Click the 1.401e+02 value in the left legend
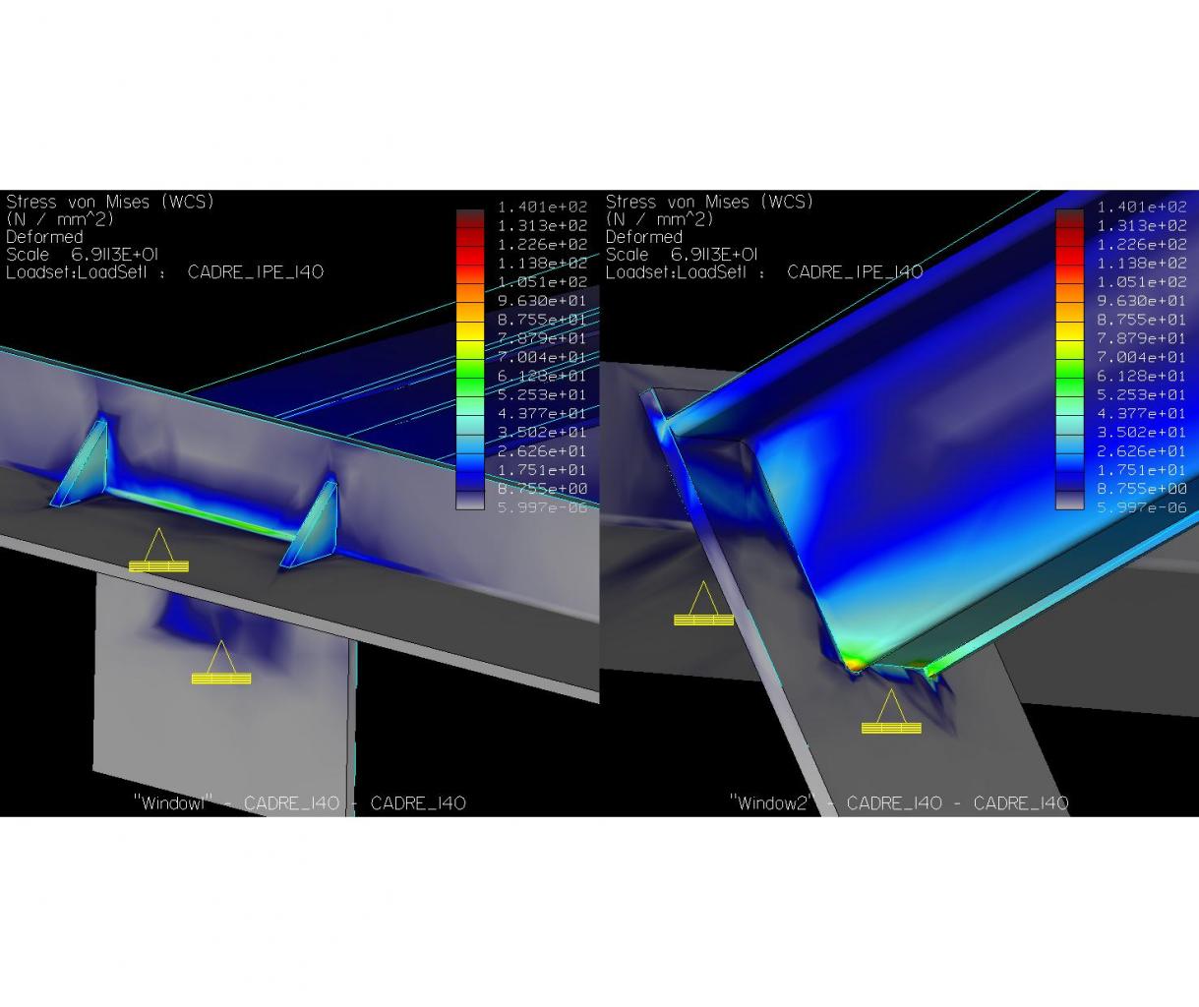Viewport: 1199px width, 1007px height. pos(542,207)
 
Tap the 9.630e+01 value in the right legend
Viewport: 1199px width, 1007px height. pos(1142,301)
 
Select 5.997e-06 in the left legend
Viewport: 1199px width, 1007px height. pos(542,507)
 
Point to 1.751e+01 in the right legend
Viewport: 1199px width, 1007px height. pos(1142,470)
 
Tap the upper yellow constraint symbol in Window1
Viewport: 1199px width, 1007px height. pos(158,551)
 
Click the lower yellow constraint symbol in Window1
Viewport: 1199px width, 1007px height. pos(221,663)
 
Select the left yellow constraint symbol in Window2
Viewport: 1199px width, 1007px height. pos(703,604)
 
